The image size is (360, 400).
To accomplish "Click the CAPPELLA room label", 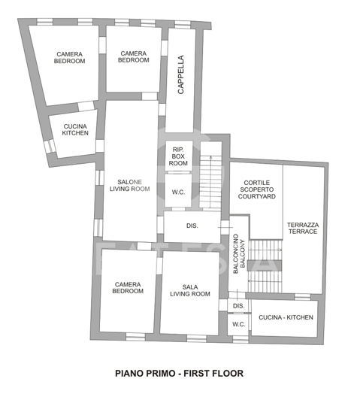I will [x=180, y=74].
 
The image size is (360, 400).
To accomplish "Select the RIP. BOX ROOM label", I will [x=178, y=156].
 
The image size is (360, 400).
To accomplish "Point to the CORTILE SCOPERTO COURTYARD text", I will [x=257, y=188].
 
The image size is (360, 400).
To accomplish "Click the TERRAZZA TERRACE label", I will [x=302, y=227].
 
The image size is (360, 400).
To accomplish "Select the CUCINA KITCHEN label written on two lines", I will [x=75, y=129].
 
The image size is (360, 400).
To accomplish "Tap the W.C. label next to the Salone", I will [x=179, y=192].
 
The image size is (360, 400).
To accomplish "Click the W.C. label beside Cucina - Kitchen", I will [x=239, y=324].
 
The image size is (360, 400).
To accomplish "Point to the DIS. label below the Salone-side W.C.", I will [x=192, y=226].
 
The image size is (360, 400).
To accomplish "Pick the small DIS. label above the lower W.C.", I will [x=239, y=306].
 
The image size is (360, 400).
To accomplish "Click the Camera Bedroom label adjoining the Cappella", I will [x=134, y=57].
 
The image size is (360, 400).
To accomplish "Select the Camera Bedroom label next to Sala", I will [x=128, y=287].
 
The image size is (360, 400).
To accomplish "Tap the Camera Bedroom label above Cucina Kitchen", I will [x=69, y=57].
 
